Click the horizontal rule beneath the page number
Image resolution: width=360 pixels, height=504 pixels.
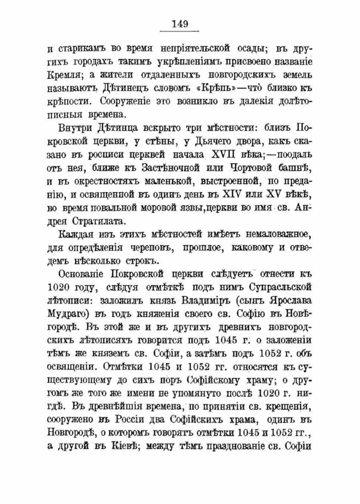180,32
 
